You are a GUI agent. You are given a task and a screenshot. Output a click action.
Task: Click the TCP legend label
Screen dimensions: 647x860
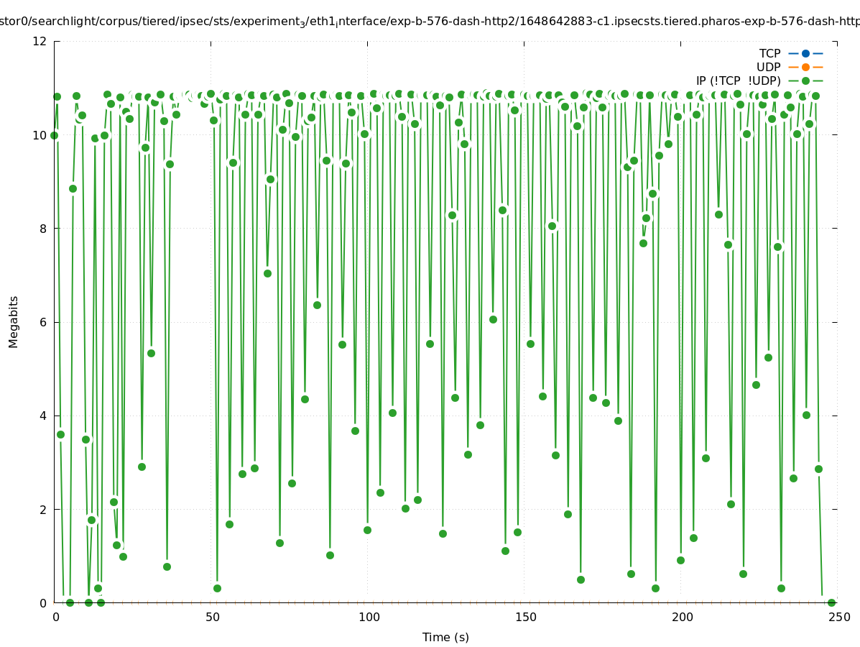pos(769,53)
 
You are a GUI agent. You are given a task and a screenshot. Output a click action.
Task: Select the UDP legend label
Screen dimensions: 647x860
pos(768,67)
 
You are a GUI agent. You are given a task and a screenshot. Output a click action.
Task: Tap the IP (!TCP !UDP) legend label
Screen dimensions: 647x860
pos(738,81)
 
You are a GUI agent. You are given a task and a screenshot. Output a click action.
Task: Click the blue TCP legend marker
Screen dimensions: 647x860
pos(805,53)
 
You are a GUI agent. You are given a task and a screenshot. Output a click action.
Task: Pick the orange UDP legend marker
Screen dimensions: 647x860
pos(805,67)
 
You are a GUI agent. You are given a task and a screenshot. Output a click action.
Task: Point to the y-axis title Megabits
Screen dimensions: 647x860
pos(14,321)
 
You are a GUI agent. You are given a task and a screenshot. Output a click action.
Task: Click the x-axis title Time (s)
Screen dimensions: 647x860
pos(445,637)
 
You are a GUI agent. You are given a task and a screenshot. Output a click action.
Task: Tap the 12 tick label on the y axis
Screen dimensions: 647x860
pos(40,41)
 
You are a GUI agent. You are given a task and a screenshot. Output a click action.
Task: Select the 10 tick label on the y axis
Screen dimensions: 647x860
pos(40,135)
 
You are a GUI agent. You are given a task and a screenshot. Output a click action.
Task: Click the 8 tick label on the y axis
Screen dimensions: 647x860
pos(44,229)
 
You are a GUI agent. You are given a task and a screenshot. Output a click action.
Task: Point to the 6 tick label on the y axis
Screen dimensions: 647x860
pos(44,322)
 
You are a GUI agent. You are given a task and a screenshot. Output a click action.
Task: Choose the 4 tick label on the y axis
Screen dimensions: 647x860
pos(44,416)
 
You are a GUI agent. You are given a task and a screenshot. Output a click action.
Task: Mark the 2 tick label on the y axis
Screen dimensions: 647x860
pos(44,509)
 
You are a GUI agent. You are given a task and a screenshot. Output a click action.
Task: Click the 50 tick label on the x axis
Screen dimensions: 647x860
pos(211,617)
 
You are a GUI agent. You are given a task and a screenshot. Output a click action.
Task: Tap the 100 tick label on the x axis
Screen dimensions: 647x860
pos(368,617)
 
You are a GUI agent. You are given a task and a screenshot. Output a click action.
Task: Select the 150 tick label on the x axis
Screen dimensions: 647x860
pos(524,617)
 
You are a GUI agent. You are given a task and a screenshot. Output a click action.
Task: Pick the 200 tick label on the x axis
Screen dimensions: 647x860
pos(681,617)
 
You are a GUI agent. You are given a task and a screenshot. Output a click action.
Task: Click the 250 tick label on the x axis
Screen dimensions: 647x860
pos(838,617)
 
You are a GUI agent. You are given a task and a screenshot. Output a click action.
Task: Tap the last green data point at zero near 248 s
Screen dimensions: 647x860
pos(831,602)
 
